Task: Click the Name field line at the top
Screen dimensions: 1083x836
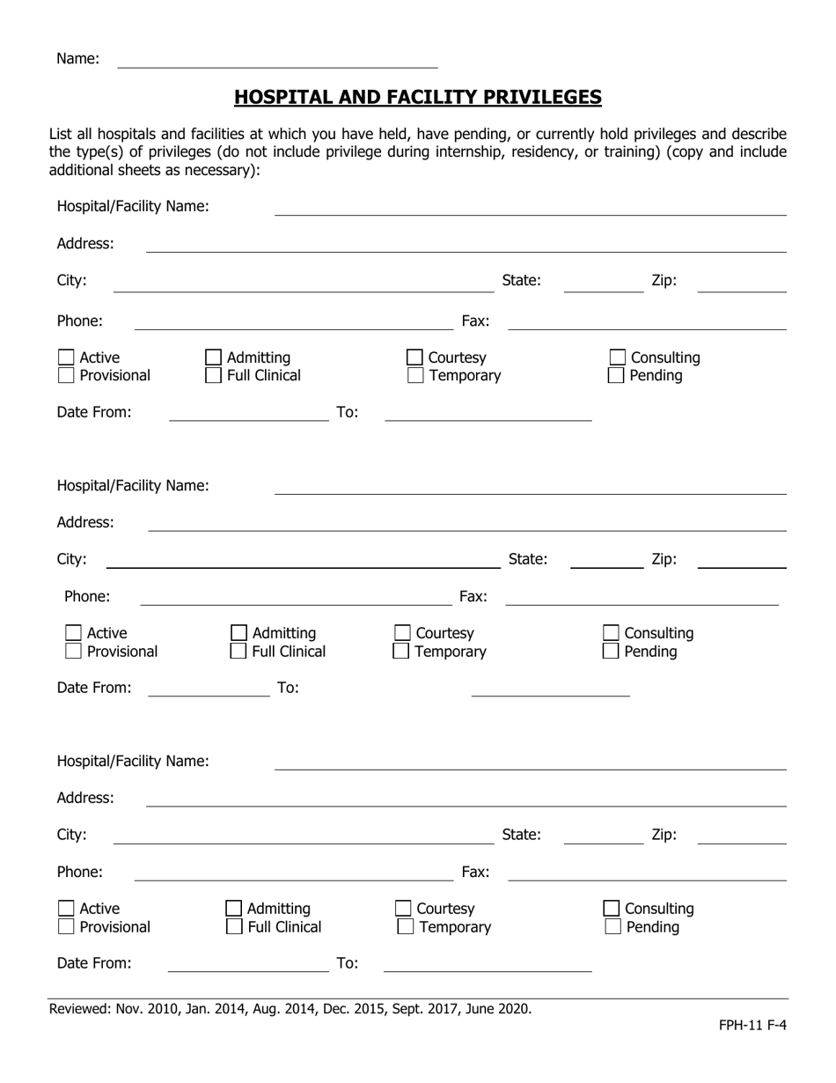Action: pos(277,60)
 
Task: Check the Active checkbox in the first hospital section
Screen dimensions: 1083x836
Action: pos(66,357)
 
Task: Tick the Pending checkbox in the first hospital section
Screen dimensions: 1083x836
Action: pos(617,376)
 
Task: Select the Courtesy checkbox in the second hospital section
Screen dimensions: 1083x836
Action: pos(402,633)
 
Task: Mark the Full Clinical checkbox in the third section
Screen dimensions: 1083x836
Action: pos(235,927)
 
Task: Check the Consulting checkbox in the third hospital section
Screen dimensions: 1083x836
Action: pos(612,909)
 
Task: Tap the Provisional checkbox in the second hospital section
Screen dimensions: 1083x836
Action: pos(74,652)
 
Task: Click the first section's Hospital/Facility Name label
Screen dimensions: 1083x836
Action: pos(133,206)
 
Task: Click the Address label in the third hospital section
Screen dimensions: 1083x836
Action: pos(85,798)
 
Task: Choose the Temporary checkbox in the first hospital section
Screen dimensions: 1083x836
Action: pos(415,376)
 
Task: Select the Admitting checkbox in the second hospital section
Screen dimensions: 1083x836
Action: pos(238,633)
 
